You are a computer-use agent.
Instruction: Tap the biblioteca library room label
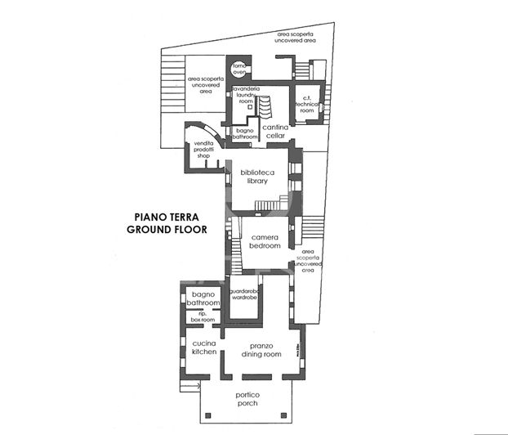[257, 177]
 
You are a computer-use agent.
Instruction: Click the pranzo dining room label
[261, 350]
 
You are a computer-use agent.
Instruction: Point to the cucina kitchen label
[203, 348]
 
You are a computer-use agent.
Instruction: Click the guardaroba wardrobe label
[244, 295]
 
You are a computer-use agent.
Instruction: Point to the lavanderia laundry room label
[246, 94]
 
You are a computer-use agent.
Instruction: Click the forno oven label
[239, 68]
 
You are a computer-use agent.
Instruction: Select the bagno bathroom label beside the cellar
[244, 133]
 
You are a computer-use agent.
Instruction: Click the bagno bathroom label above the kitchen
[203, 298]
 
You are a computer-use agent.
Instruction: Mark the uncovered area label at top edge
[295, 37]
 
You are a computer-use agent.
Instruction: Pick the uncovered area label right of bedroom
[309, 260]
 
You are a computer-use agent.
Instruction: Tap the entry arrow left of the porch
[192, 383]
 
